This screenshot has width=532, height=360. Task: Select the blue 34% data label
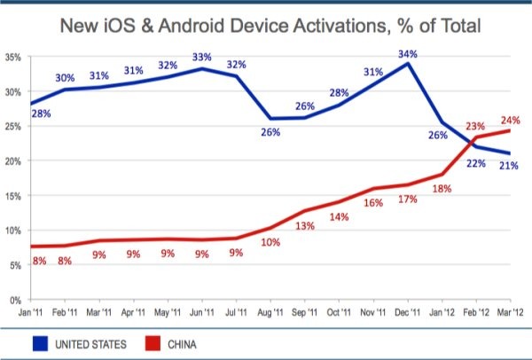pyautogui.click(x=408, y=53)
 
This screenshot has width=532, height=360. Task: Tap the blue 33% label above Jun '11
pyautogui.click(x=203, y=59)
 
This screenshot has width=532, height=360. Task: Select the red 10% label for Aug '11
pyautogui.click(x=270, y=242)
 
